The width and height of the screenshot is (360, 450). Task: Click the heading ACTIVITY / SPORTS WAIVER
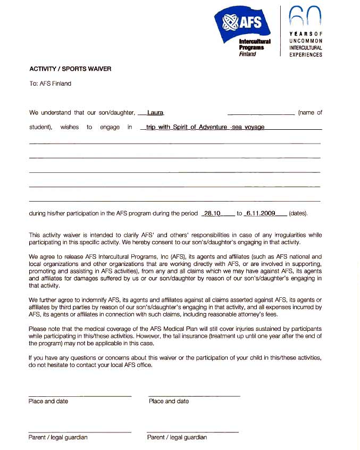[70, 69]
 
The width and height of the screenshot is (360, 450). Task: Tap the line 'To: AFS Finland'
[50, 84]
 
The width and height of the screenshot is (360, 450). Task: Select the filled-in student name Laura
[155, 113]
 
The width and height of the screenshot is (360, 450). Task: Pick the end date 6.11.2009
[261, 213]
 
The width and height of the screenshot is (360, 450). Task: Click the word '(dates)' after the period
[298, 213]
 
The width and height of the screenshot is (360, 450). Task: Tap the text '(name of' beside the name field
[310, 113]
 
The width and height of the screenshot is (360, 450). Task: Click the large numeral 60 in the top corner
[305, 17]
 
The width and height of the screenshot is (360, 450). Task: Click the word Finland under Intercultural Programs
[247, 54]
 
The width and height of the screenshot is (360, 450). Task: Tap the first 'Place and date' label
[48, 401]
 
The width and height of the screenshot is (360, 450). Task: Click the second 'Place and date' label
[169, 401]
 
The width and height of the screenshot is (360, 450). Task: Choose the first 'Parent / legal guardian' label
[58, 437]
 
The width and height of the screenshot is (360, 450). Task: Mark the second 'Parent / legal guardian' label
[177, 437]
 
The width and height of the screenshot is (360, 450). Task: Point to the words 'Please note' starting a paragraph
[43, 329]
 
